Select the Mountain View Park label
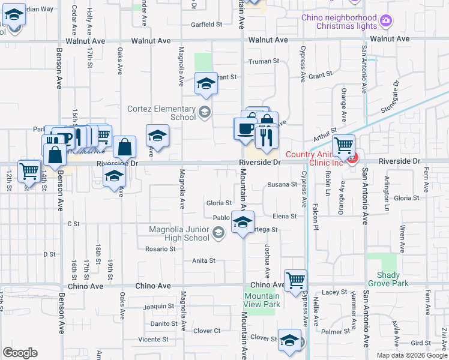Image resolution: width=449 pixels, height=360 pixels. click(262, 300)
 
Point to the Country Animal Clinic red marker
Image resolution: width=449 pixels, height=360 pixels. click(352, 158)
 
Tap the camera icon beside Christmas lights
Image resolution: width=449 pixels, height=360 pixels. click(385, 22)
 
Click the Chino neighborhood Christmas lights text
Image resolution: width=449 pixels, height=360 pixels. click(339, 22)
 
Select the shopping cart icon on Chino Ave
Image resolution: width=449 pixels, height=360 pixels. click(295, 280)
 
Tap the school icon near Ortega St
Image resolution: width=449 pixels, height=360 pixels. click(243, 222)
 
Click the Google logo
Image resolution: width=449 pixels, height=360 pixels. click(20, 353)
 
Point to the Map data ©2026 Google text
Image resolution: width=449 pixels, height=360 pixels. click(412, 355)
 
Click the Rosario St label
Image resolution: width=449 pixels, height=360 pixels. click(160, 249)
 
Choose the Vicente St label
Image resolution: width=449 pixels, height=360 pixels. click(153, 340)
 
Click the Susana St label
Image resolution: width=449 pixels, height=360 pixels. click(282, 184)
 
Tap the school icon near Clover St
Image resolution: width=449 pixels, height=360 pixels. click(289, 340)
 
